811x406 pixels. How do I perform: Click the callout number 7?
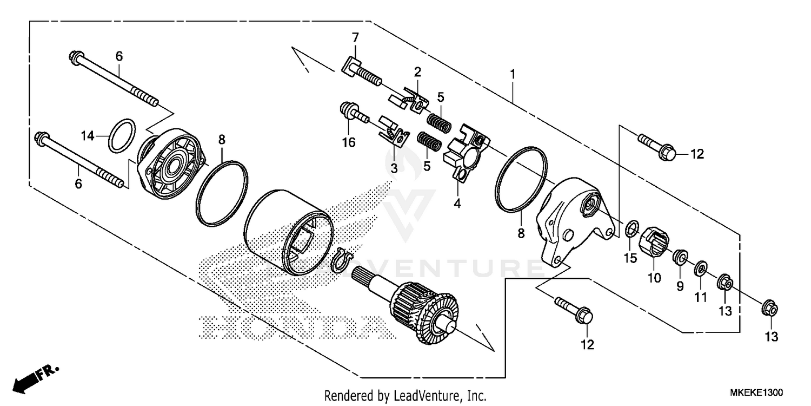pyautogui.click(x=355, y=38)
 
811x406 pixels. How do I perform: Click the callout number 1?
pyautogui.click(x=513, y=74)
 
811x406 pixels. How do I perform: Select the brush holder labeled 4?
pyautogui.click(x=465, y=149)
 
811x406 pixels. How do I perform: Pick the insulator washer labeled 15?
pyautogui.click(x=630, y=229)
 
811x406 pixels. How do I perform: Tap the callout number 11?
pyautogui.click(x=701, y=297)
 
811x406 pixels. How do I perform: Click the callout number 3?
pyautogui.click(x=394, y=169)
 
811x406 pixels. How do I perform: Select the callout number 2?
pyautogui.click(x=417, y=72)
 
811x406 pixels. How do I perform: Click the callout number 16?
pyautogui.click(x=349, y=142)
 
